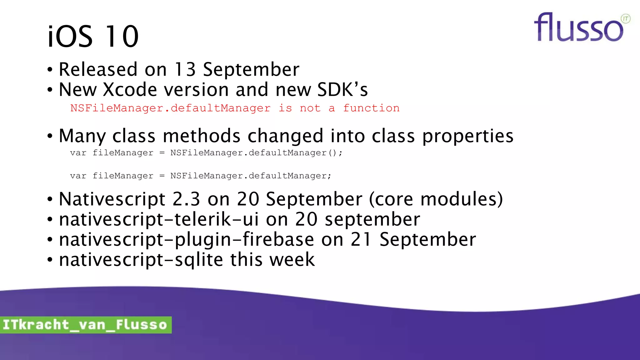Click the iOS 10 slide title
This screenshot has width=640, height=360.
(x=93, y=37)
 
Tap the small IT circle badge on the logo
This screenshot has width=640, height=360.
(x=625, y=19)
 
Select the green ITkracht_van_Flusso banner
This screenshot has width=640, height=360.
(x=85, y=325)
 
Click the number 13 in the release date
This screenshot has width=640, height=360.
(x=185, y=69)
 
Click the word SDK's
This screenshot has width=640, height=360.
(x=342, y=90)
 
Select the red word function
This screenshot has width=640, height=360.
(x=371, y=108)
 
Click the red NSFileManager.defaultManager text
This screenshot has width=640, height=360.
(x=170, y=108)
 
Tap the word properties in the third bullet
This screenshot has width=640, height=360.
(x=467, y=136)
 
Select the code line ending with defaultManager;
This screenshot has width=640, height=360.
(x=200, y=176)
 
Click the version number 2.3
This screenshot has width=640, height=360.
(x=186, y=199)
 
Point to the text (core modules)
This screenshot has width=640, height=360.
(x=436, y=199)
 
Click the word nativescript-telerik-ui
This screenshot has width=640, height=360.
(x=159, y=219)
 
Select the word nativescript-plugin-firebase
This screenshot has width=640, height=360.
(x=186, y=240)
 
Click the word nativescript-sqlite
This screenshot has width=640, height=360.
(x=141, y=260)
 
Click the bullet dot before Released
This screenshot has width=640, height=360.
(x=50, y=70)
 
